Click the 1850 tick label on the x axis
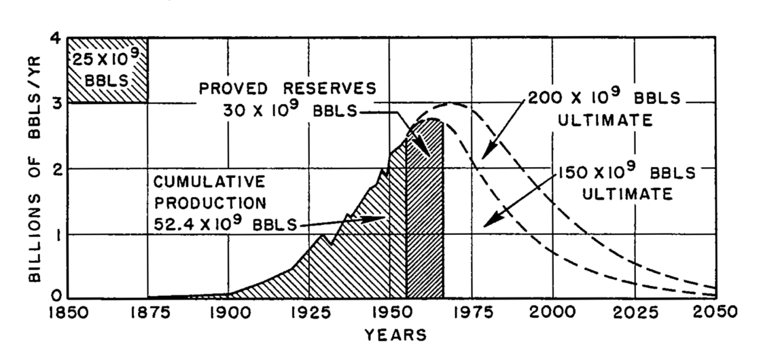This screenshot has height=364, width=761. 67,313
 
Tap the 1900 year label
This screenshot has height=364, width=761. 228,313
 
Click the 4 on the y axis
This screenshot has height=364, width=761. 54,39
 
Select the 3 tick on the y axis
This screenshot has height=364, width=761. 54,103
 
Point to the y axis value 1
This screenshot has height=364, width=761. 54,234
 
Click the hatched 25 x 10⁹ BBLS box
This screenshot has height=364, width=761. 107,70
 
